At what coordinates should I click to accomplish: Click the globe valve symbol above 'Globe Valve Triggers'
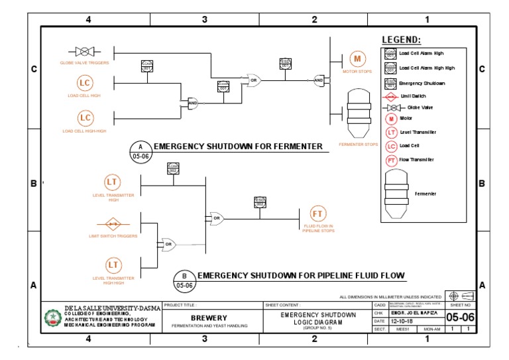pos(84,51)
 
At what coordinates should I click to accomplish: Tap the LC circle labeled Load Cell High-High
pos(84,118)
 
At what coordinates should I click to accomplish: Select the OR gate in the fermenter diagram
pos(253,81)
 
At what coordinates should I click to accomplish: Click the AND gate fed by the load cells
pos(193,103)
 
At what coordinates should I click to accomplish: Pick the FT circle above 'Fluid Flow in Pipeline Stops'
pos(318,213)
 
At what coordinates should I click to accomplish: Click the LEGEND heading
pos(401,40)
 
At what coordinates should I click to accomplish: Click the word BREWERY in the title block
pos(209,318)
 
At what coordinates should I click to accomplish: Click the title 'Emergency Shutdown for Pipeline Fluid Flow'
pos(301,274)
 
